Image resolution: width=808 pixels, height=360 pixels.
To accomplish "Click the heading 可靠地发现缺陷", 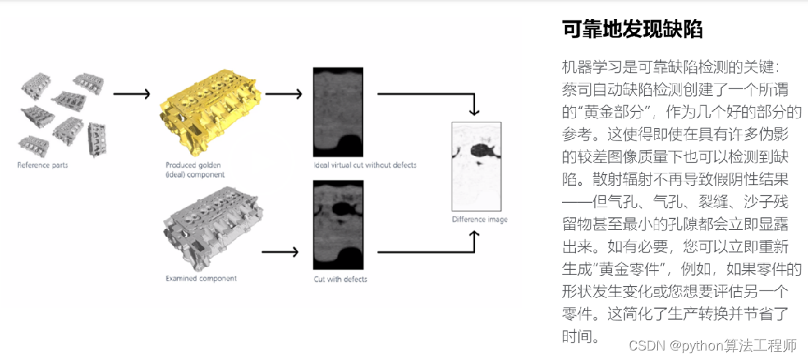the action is [632, 29].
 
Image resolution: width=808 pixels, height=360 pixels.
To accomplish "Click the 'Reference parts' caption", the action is [42, 165].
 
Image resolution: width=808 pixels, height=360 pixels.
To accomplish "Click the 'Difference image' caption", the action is [479, 220].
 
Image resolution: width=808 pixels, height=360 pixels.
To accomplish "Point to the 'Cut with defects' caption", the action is [340, 280].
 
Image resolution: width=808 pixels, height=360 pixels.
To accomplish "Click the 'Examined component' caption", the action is [201, 279].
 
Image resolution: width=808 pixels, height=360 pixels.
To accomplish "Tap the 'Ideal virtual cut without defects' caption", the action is [364, 165].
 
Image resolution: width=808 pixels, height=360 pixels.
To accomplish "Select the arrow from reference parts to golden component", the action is [132, 94].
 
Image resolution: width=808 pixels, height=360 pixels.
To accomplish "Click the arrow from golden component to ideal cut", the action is [283, 94].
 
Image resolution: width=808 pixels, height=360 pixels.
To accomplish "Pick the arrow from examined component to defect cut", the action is [280, 252].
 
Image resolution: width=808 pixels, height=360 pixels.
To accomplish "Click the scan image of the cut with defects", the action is [338, 225].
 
